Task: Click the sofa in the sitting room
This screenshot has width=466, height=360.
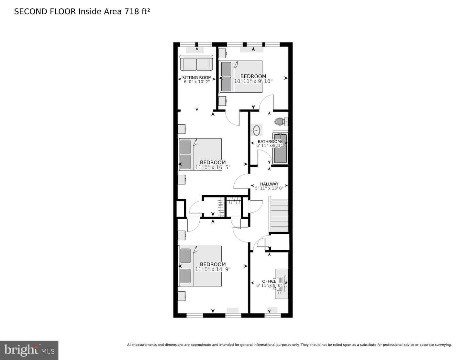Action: click(196, 63)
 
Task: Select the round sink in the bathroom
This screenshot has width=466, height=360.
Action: click(256, 130)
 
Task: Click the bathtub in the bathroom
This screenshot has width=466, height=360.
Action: click(280, 149)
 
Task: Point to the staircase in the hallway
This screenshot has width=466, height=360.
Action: click(279, 216)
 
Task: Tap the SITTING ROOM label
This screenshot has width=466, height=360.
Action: click(197, 78)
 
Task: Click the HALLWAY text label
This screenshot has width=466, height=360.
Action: click(269, 184)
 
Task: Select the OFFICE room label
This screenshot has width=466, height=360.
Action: click(269, 281)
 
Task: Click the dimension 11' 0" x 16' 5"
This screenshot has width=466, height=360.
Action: click(213, 167)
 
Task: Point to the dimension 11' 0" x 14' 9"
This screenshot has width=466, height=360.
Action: click(213, 269)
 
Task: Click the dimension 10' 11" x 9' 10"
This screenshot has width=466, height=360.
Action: click(253, 81)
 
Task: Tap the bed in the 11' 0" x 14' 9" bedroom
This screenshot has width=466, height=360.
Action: click(200, 266)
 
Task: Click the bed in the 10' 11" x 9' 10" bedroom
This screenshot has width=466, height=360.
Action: click(241, 77)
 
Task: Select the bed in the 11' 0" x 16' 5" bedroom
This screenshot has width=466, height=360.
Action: click(200, 154)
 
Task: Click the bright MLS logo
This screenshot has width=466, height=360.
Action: click(29, 350)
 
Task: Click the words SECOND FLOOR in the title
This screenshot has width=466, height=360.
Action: click(45, 12)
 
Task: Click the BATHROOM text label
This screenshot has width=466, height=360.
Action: click(269, 141)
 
